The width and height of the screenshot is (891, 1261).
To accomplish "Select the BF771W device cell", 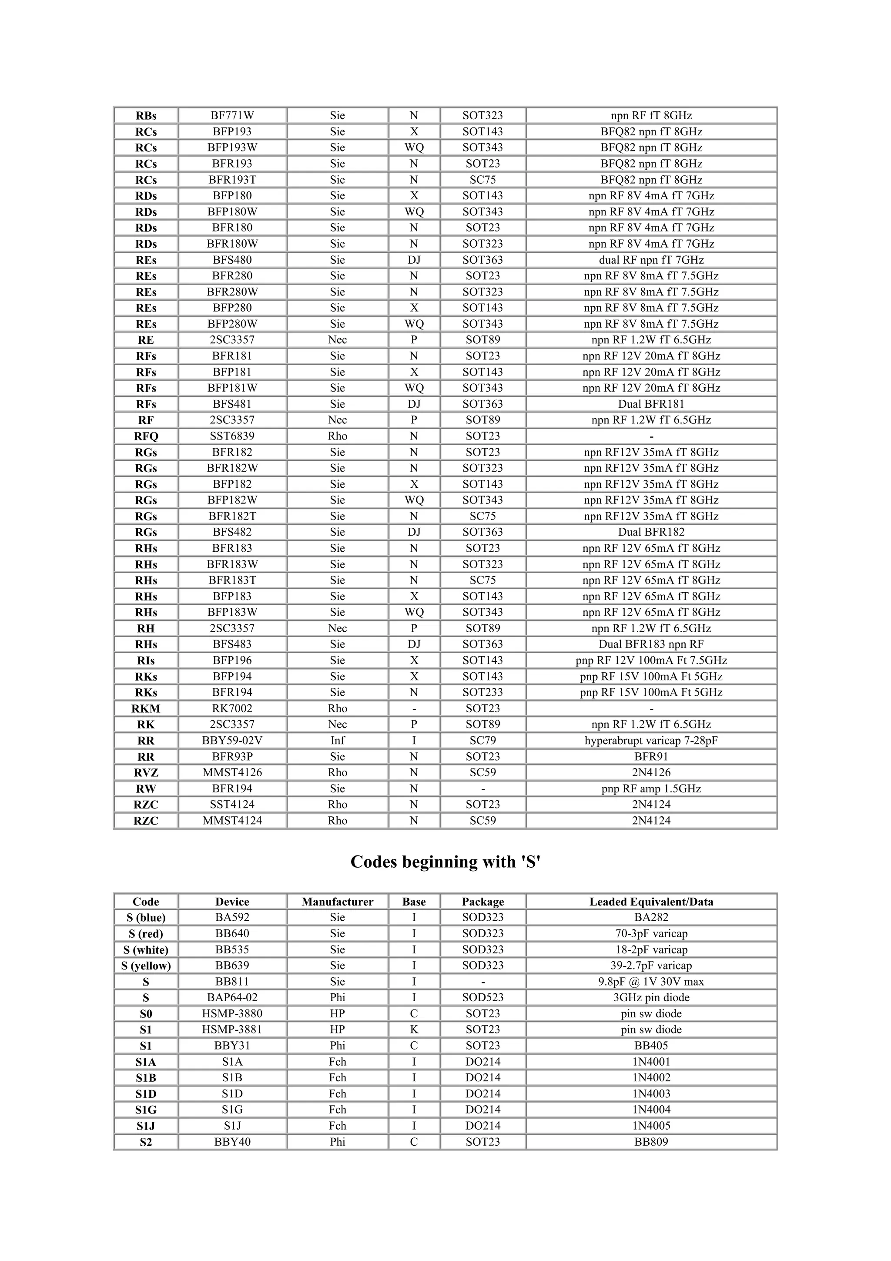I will click(x=232, y=115).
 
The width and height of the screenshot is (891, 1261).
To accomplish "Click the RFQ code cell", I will click(x=146, y=436).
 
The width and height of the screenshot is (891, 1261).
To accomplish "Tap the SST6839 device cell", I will click(x=232, y=436).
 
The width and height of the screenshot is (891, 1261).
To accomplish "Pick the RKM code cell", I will click(x=146, y=708).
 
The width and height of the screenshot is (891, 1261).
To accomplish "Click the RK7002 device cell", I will click(x=232, y=708).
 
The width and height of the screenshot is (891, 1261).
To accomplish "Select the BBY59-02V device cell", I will click(x=232, y=740).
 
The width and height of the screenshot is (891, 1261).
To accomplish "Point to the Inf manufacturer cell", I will click(x=337, y=740).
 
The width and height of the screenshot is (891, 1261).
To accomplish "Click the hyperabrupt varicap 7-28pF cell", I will click(x=651, y=740).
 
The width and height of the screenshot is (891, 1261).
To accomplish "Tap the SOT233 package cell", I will click(x=482, y=693).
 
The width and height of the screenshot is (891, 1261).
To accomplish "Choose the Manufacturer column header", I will click(x=337, y=902).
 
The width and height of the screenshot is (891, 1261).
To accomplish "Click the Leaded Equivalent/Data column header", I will click(x=651, y=902).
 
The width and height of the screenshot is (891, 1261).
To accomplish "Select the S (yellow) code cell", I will click(x=146, y=966).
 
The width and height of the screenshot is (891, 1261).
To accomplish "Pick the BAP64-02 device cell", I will click(x=232, y=997).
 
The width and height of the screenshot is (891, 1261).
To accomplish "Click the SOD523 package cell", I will click(x=482, y=997).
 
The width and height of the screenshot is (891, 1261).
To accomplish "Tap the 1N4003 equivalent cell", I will click(x=651, y=1093).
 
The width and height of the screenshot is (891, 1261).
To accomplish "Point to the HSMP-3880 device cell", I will click(x=232, y=1014).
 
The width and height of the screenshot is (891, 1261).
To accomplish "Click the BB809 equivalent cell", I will click(x=651, y=1142).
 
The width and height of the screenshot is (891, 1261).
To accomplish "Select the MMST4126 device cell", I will click(x=232, y=773).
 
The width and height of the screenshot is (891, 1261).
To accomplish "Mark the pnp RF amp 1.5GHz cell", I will click(x=651, y=789).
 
